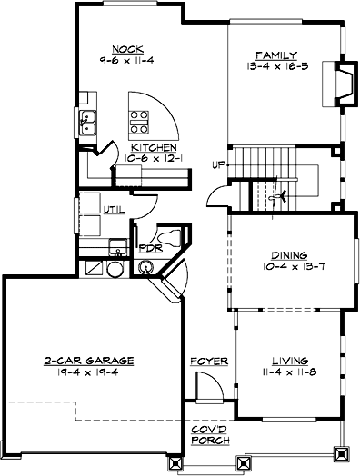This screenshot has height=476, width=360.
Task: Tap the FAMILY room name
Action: click(x=273, y=54)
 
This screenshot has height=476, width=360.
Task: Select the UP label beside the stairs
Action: click(x=217, y=164)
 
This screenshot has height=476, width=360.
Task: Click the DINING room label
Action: click(x=289, y=255)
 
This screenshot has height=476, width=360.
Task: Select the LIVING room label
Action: click(x=289, y=360)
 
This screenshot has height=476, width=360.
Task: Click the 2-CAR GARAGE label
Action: click(x=89, y=360)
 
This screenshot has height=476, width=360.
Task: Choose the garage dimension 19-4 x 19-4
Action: click(x=89, y=372)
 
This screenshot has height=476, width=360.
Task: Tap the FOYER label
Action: click(x=203, y=361)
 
